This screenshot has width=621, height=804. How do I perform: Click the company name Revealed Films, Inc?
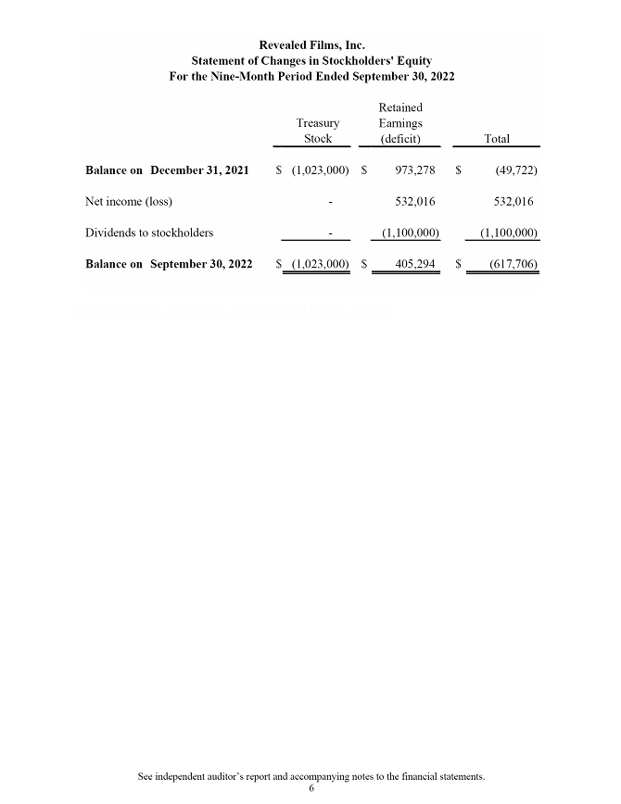[x=310, y=44]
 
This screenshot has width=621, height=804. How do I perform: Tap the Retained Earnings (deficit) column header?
[x=400, y=123]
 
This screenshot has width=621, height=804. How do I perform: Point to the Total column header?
[x=497, y=139]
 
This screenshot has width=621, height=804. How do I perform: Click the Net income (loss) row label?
[x=129, y=201]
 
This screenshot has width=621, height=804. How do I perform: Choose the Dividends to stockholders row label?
[x=149, y=232]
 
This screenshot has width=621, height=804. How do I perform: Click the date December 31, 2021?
[x=199, y=170]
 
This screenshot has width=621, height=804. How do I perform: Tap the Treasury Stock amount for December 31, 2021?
[x=320, y=170]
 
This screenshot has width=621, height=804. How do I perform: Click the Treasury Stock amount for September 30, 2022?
[x=320, y=264]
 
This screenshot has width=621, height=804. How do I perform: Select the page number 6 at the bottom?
[x=311, y=788]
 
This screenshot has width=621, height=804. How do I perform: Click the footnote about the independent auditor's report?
[x=310, y=775]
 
